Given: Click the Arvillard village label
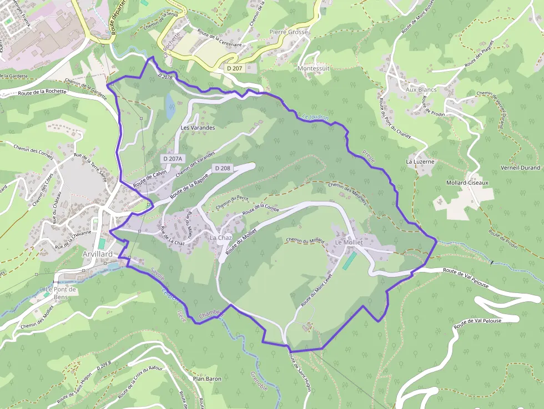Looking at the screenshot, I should point(97,254).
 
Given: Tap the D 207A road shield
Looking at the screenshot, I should point(173,159).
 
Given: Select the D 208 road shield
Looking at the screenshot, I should point(222,168).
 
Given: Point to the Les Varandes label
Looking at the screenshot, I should point(198,127).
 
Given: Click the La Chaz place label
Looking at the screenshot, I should point(220,238).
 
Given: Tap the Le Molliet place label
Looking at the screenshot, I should point(349,243).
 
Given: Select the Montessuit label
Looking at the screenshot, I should point(314,68).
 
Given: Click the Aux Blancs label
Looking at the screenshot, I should point(421,89).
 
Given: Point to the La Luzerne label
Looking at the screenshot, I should point(420,161).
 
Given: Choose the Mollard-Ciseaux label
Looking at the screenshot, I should point(467,183).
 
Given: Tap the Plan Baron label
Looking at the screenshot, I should point(206,378).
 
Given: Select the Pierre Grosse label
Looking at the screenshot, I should point(289,32).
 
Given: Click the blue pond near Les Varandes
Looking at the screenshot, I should point(170,105).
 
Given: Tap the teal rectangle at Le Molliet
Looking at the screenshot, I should point(350,260).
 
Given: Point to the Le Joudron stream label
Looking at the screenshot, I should point(316,118).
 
